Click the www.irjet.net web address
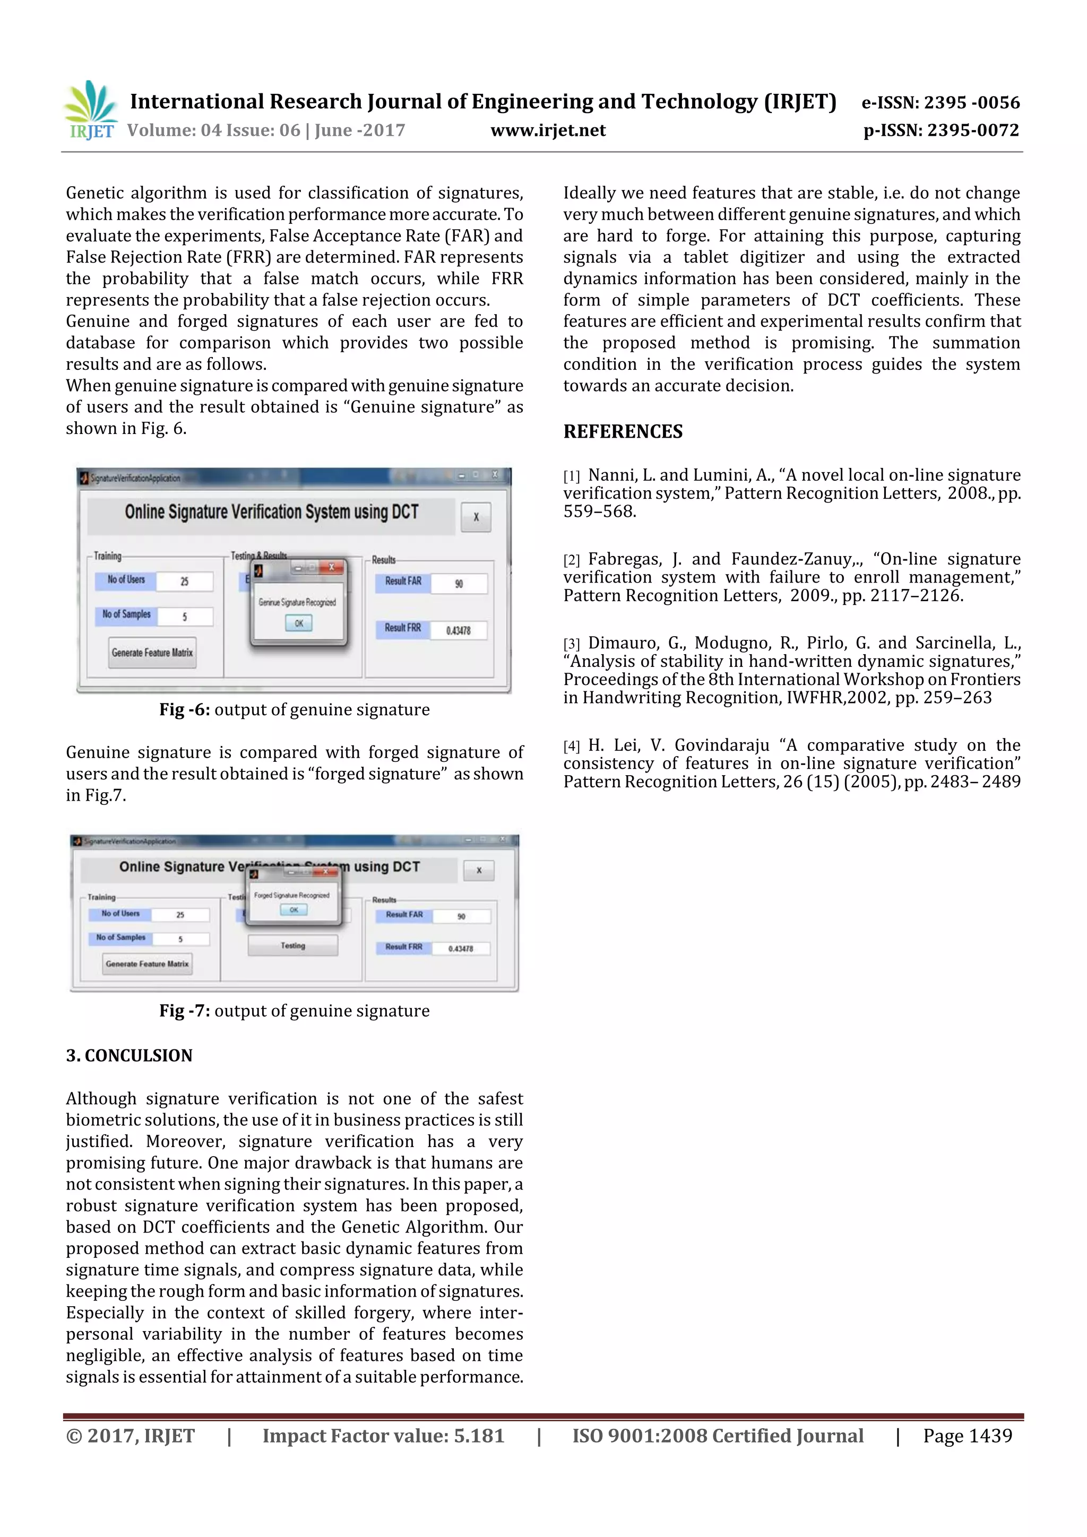coord(548,131)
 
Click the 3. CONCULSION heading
coord(130,1056)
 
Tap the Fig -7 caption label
coord(184,1011)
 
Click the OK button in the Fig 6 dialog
coord(299,623)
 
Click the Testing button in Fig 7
coord(292,946)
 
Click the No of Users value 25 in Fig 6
coord(184,581)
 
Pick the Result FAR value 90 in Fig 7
coord(461,916)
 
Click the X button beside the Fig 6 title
coord(476,517)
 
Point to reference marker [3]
coord(571,644)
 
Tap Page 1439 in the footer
coord(967,1436)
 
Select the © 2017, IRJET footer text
coord(131,1436)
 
